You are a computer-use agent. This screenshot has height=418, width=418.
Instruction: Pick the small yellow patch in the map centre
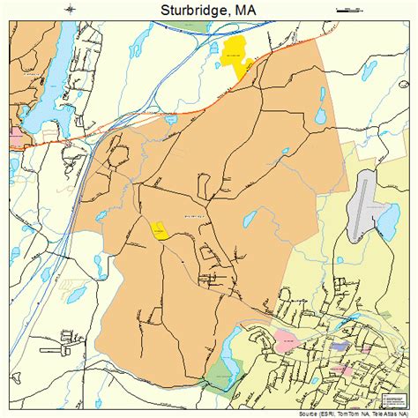tap(160, 230)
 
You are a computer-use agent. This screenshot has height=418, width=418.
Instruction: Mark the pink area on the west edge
tap(16, 138)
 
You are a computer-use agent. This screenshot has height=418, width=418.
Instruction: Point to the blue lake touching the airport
tap(385, 220)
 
